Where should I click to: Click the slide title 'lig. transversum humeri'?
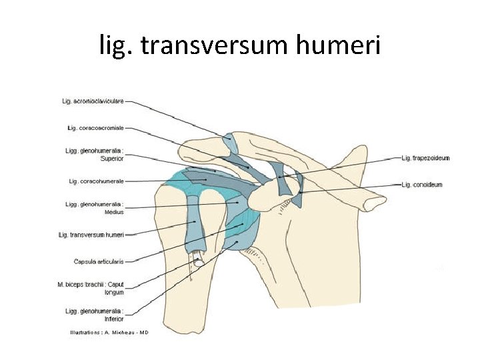pyautogui.click(x=239, y=46)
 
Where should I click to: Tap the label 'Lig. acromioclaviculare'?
pyautogui.click(x=93, y=101)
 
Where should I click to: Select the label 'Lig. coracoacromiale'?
pyautogui.click(x=95, y=127)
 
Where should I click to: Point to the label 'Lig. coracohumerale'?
pyautogui.click(x=96, y=181)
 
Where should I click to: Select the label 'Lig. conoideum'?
pyautogui.click(x=421, y=184)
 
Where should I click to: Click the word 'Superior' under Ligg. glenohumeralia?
pyautogui.click(x=112, y=159)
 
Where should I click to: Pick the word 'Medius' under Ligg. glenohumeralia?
pyautogui.click(x=113, y=212)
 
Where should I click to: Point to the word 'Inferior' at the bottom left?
pyautogui.click(x=113, y=319)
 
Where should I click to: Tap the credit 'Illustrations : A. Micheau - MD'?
pyautogui.click(x=109, y=332)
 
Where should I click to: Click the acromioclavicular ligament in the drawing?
pyautogui.click(x=229, y=142)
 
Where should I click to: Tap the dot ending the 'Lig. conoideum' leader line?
pyautogui.click(x=301, y=193)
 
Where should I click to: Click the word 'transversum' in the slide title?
pyautogui.click(x=226, y=46)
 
